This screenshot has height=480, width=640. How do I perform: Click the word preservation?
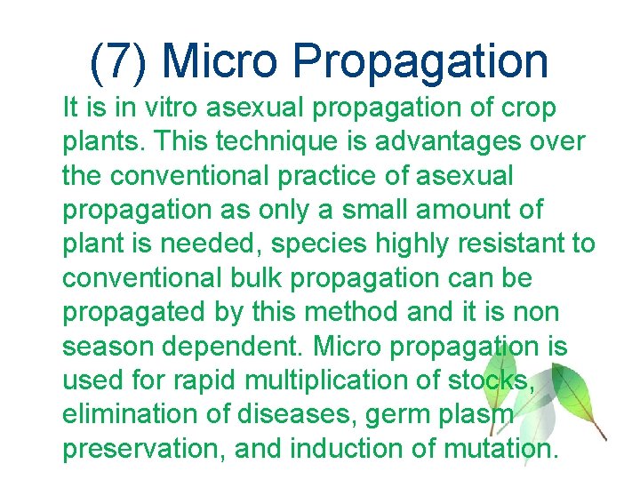click(x=140, y=448)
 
